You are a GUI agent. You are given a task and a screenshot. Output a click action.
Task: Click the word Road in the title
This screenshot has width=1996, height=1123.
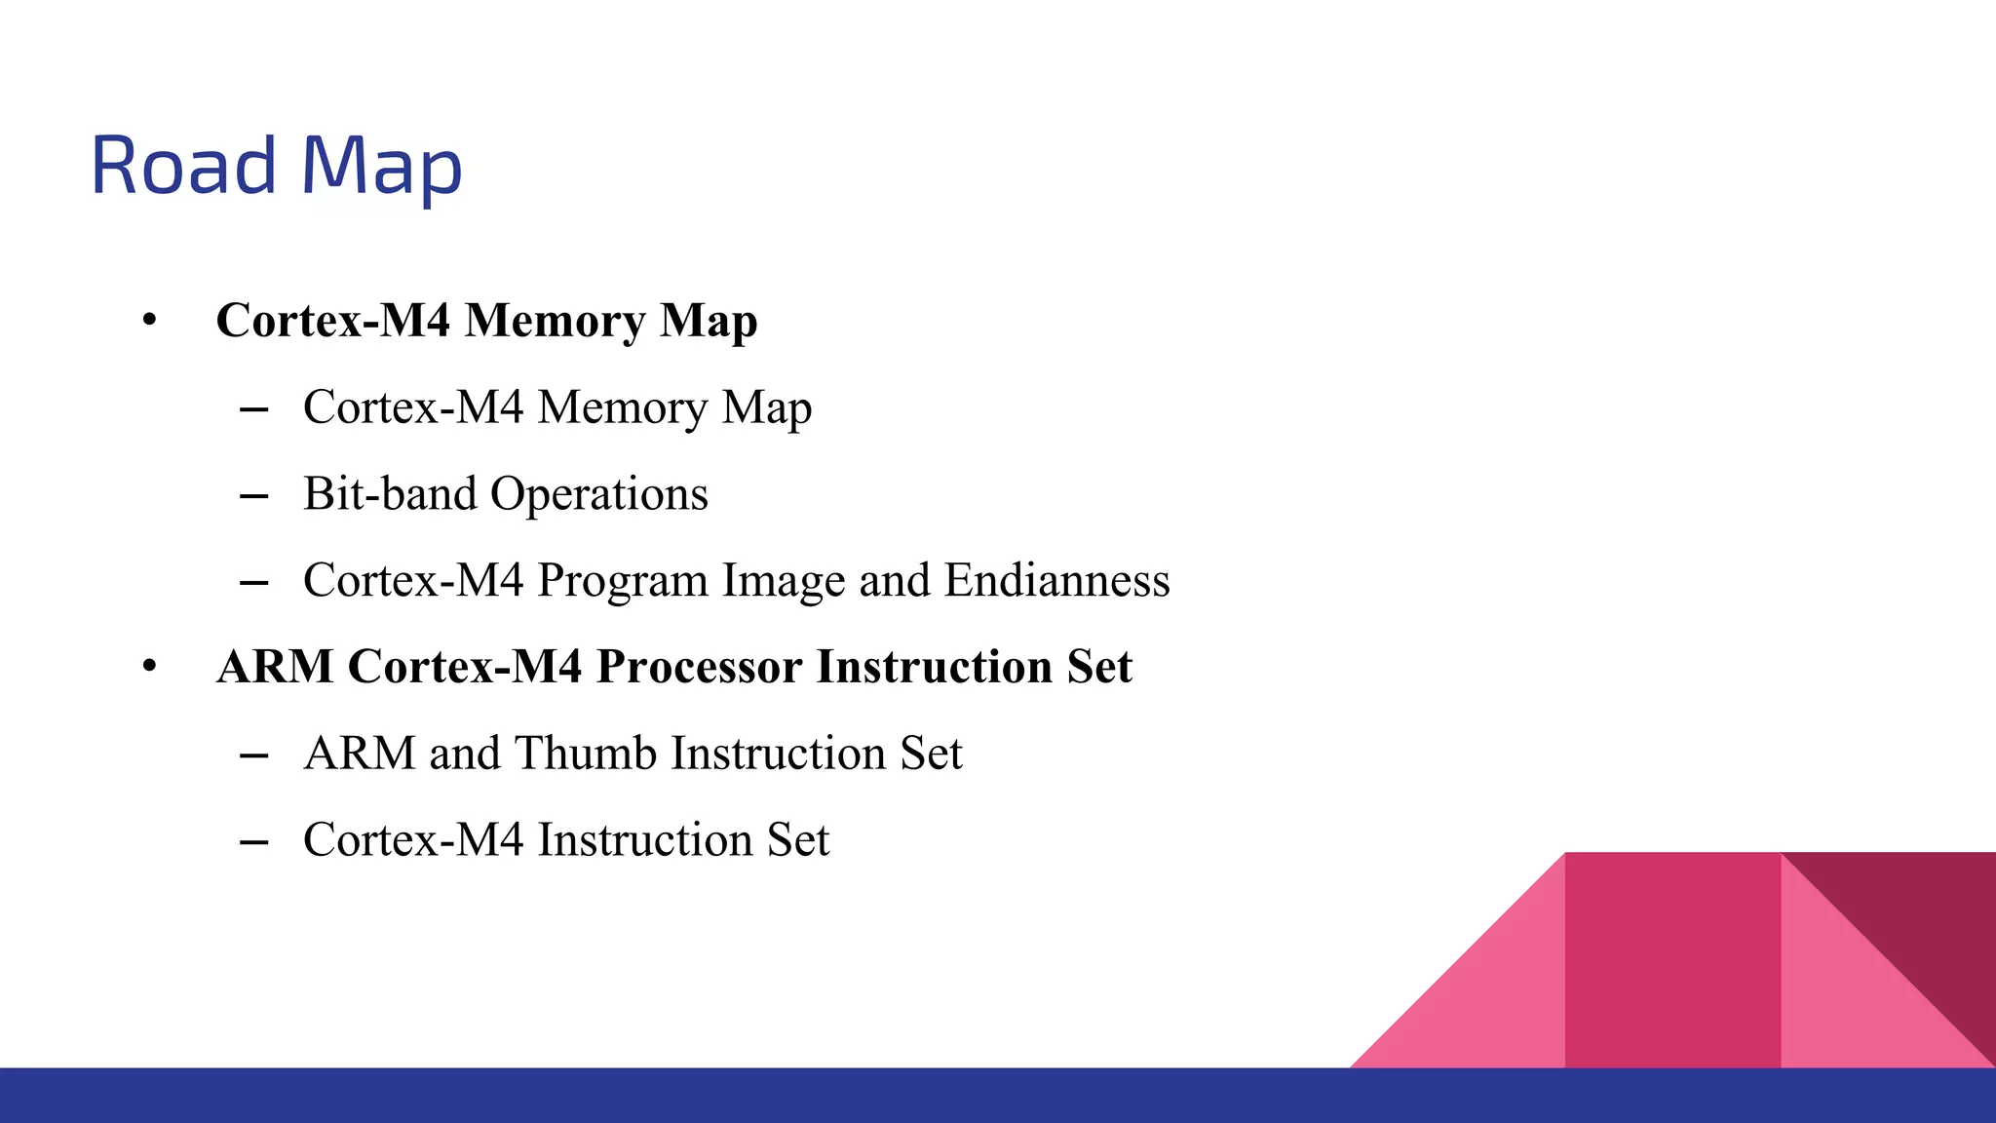[x=184, y=166]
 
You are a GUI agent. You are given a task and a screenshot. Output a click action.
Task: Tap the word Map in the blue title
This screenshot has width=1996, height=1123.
[x=381, y=168]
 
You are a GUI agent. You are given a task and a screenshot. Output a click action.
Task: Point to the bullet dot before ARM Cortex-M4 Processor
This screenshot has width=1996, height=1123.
[x=149, y=667]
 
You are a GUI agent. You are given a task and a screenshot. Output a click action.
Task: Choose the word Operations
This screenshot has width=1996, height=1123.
[x=599, y=493]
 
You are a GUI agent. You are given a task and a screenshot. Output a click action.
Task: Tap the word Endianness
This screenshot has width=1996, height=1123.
[x=1056, y=580]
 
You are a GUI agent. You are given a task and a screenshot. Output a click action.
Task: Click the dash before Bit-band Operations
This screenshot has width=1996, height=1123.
[x=253, y=496]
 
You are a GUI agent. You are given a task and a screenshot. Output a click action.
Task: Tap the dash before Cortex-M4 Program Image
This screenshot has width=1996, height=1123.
[x=253, y=583]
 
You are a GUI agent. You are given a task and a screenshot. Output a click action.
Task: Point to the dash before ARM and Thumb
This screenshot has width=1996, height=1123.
[x=253, y=755]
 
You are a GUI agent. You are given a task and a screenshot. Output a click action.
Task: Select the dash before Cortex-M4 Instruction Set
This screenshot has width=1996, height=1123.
[x=253, y=842]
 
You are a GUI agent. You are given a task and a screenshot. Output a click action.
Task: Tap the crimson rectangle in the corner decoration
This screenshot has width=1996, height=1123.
[x=1672, y=960]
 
